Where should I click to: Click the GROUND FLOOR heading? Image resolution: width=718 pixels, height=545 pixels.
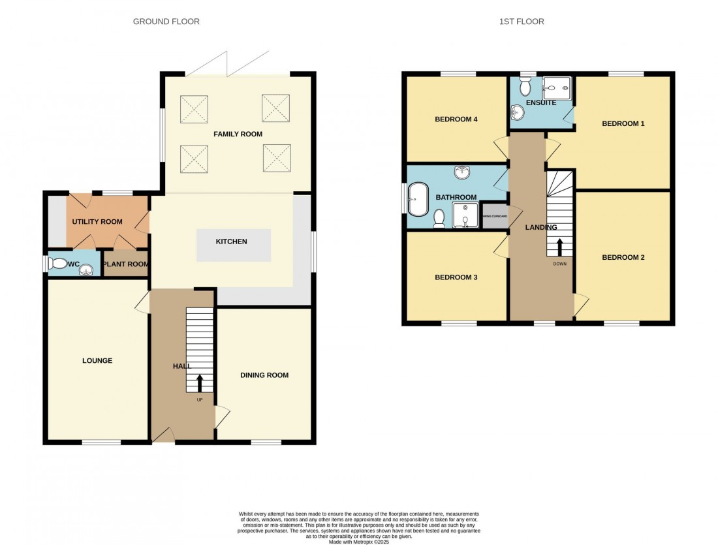(166, 22)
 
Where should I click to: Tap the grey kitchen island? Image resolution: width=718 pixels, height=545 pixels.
(233, 245)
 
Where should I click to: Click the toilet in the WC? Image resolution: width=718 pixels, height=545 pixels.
(59, 264)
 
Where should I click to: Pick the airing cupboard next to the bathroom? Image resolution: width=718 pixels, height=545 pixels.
(494, 217)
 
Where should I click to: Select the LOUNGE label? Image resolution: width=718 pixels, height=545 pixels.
(97, 360)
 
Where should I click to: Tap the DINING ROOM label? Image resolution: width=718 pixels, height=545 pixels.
(264, 375)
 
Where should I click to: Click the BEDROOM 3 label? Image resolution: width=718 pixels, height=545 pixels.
(456, 277)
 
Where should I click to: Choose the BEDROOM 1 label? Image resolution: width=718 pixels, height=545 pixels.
(623, 123)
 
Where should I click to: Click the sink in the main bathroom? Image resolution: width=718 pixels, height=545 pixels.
(463, 173)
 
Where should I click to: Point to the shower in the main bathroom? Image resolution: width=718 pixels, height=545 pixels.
(465, 215)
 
